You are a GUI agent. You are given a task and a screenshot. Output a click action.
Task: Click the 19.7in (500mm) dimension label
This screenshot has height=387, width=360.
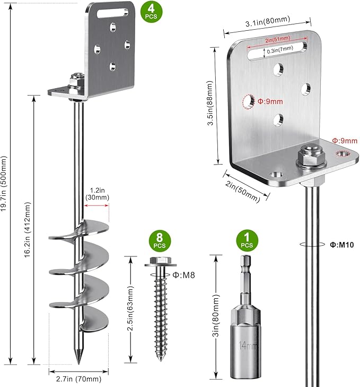(5, 183)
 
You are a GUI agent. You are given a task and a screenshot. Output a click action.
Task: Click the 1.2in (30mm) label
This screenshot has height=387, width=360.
(97, 193)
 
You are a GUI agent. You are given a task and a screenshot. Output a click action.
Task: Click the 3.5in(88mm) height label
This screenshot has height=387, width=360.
(210, 108)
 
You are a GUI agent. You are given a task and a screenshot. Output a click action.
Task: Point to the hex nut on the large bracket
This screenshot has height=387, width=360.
(307, 153)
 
